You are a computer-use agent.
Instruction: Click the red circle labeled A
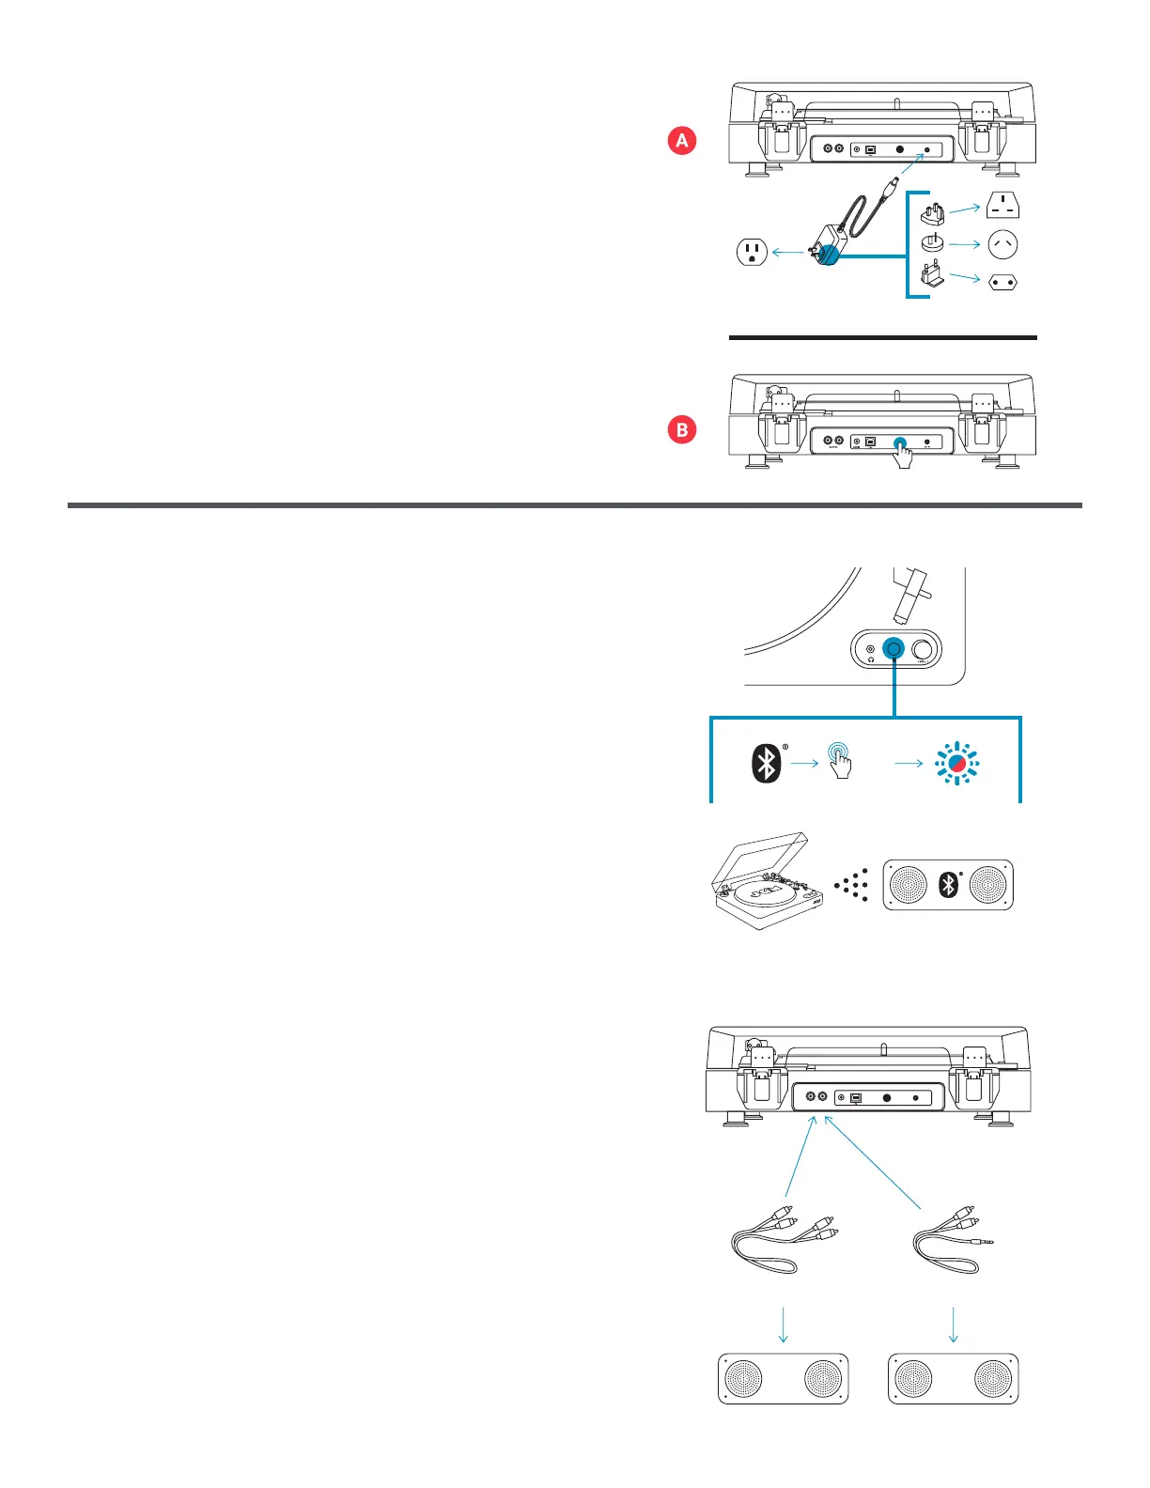pyautogui.click(x=682, y=141)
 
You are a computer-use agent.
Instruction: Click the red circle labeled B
pyautogui.click(x=682, y=430)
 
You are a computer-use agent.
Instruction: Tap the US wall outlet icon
pyautogui.click(x=752, y=252)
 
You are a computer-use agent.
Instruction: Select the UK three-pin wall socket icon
pyautogui.click(x=1002, y=205)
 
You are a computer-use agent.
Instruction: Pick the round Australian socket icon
pyautogui.click(x=1002, y=245)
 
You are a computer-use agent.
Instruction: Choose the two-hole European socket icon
pyautogui.click(x=1002, y=282)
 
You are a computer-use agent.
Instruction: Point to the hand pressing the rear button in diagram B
pyautogui.click(x=903, y=456)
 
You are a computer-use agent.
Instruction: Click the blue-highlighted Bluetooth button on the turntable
pyautogui.click(x=894, y=649)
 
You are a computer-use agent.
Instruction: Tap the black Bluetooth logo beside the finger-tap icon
pyautogui.click(x=767, y=763)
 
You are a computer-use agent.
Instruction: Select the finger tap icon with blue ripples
pyautogui.click(x=840, y=759)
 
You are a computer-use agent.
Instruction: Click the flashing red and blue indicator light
pyautogui.click(x=956, y=764)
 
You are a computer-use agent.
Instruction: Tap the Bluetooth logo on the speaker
pyautogui.click(x=949, y=884)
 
